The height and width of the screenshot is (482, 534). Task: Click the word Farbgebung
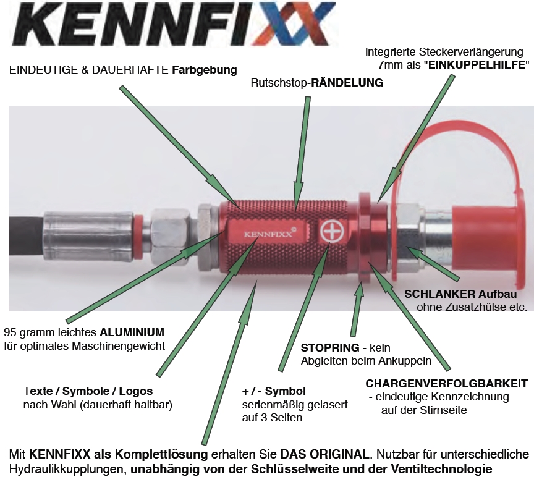point(205,70)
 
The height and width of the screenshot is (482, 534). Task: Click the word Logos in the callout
point(136,391)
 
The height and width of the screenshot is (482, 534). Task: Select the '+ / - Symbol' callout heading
point(274,391)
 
